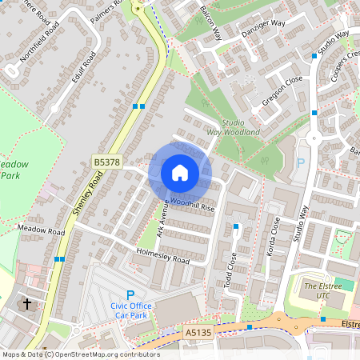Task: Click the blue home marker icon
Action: point(179,172)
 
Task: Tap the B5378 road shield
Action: point(106,162)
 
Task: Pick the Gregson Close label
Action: point(282,94)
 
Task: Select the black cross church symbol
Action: point(26,304)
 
